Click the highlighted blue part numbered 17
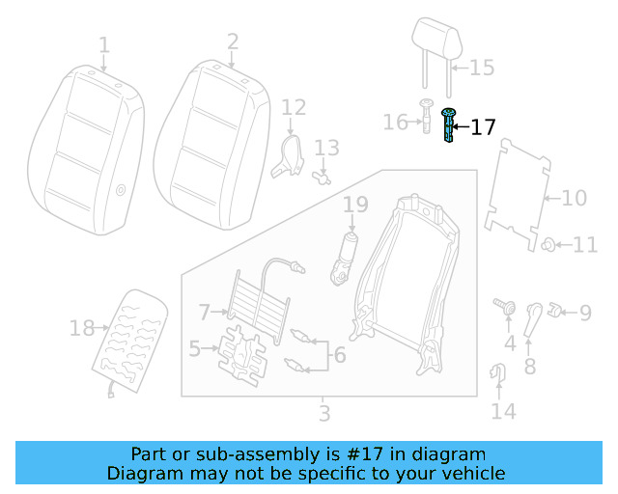pyautogui.click(x=448, y=126)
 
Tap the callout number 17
pyautogui.click(x=483, y=126)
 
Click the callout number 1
pyautogui.click(x=104, y=44)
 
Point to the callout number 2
pyautogui.click(x=233, y=41)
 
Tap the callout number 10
pyautogui.click(x=574, y=199)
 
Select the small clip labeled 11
pyautogui.click(x=548, y=244)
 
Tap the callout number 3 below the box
pyautogui.click(x=324, y=414)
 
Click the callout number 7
pyautogui.click(x=204, y=312)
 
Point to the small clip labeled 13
pyautogui.click(x=323, y=177)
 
